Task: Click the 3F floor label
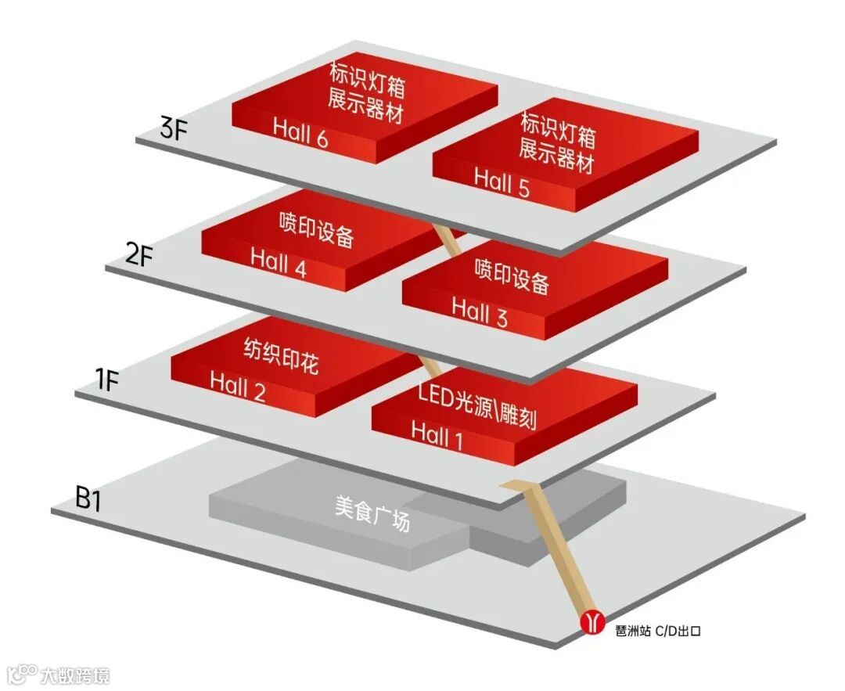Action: [x=174, y=128]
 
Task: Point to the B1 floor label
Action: [x=88, y=500]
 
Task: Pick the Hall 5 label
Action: [x=502, y=183]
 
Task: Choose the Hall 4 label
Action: [x=279, y=262]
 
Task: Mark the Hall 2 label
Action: [x=238, y=386]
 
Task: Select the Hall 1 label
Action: [x=437, y=435]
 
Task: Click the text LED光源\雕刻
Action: [x=477, y=405]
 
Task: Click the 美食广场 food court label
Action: [x=372, y=513]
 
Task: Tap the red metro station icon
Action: [x=593, y=622]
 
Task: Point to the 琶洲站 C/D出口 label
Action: [x=657, y=628]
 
